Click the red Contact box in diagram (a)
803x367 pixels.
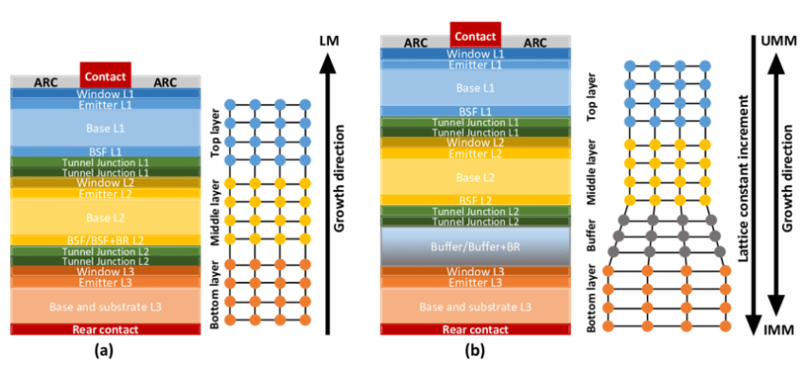pos(106,76)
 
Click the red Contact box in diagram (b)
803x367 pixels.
pos(475,35)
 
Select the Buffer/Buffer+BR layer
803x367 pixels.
pos(475,246)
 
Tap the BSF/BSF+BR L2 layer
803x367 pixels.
pos(106,239)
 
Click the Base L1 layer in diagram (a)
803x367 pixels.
pos(106,127)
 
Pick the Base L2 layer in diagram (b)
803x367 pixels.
pos(475,176)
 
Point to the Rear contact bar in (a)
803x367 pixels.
pos(106,329)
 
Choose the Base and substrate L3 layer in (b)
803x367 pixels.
pos(475,306)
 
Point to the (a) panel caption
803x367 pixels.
pos(100,351)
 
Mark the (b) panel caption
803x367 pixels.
pos(470,351)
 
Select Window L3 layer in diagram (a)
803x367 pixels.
pos(106,271)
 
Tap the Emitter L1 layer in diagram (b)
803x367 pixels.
pos(475,65)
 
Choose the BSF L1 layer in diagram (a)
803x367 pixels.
pos(106,151)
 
